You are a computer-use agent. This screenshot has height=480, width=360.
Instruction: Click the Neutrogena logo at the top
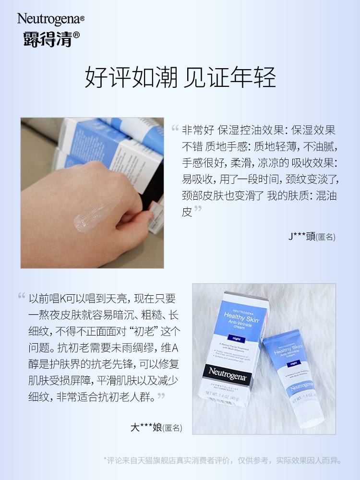[50, 19]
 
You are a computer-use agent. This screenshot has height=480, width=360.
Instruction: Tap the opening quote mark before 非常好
[175, 129]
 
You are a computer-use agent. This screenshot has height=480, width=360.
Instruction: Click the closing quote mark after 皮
[198, 210]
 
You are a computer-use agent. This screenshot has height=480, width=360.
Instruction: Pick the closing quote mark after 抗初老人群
[161, 396]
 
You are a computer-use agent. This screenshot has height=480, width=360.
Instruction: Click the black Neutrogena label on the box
[228, 371]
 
